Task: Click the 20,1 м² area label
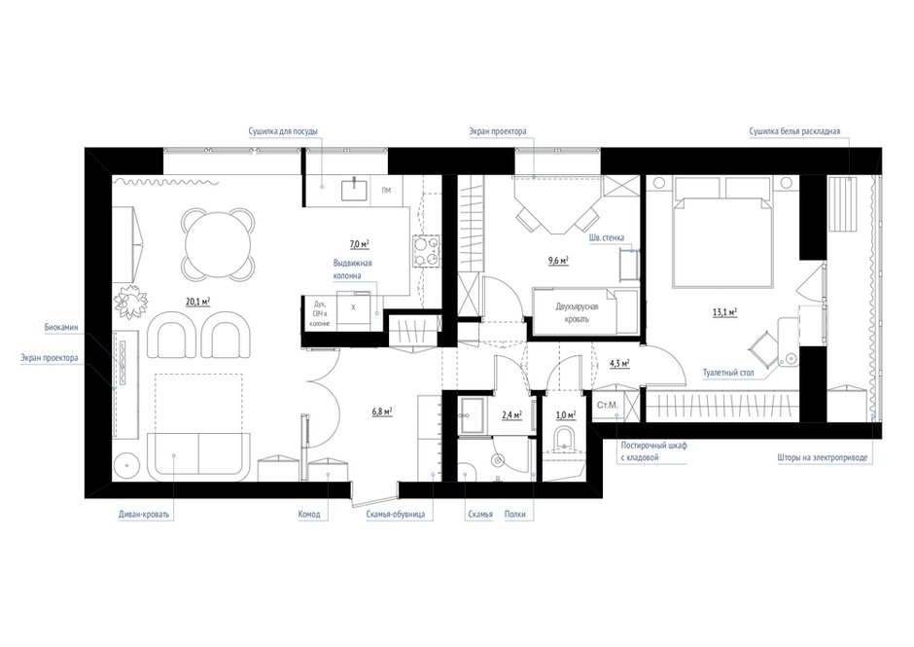[x=198, y=302]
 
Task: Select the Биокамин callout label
[x=61, y=327]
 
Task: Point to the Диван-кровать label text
[x=144, y=515]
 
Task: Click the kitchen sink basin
[x=354, y=189]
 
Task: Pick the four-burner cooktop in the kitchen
[x=427, y=250]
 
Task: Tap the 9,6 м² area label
[x=558, y=260]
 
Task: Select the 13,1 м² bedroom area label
[x=725, y=312]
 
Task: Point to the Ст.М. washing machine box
[x=608, y=405]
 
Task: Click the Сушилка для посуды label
[x=283, y=131]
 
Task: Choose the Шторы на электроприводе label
[x=822, y=457]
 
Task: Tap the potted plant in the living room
[x=130, y=301]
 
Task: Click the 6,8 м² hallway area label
[x=382, y=411]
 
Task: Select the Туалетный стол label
[x=728, y=373]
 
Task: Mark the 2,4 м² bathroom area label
[x=511, y=414]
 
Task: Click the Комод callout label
[x=309, y=514]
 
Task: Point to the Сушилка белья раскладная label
[x=794, y=131]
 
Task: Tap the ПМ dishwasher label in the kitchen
[x=386, y=191]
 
